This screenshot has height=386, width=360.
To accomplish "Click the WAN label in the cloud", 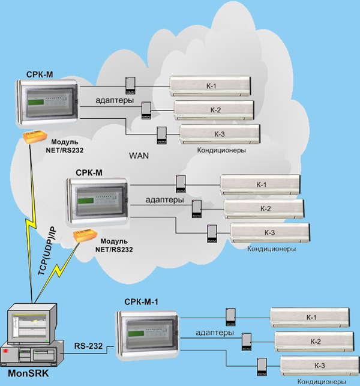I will [139, 155].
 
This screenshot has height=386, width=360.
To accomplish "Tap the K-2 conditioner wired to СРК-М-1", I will [315, 342].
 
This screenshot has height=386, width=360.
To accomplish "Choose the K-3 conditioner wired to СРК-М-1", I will [319, 366].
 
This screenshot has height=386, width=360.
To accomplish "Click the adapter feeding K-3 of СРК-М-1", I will [262, 366].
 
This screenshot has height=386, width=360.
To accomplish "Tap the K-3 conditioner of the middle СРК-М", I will [269, 232].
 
